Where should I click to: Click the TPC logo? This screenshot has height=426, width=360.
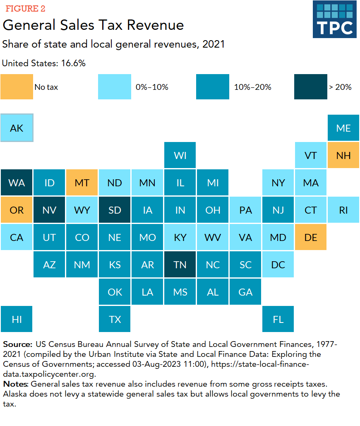334,19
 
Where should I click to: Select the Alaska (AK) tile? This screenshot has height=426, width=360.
17,128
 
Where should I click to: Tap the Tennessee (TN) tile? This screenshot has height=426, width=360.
180,265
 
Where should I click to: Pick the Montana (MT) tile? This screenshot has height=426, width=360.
82,183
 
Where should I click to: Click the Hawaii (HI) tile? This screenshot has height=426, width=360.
17,319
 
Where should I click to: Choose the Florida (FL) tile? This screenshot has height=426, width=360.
278,319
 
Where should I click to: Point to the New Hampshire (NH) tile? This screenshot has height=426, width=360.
343,155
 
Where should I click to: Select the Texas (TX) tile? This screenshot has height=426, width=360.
115,319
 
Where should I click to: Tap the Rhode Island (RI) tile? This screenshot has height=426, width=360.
343,210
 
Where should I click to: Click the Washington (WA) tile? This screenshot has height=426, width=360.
17,183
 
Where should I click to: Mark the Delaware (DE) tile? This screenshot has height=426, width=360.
311,237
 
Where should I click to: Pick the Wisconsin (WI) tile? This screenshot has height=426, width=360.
180,155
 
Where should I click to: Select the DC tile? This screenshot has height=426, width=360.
278,265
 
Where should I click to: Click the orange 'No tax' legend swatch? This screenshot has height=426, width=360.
17,87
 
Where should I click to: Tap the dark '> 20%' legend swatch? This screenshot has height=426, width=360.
310,87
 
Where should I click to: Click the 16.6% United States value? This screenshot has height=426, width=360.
75,63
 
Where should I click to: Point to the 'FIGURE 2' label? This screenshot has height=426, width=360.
25,9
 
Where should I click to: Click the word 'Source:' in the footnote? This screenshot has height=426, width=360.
17,344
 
